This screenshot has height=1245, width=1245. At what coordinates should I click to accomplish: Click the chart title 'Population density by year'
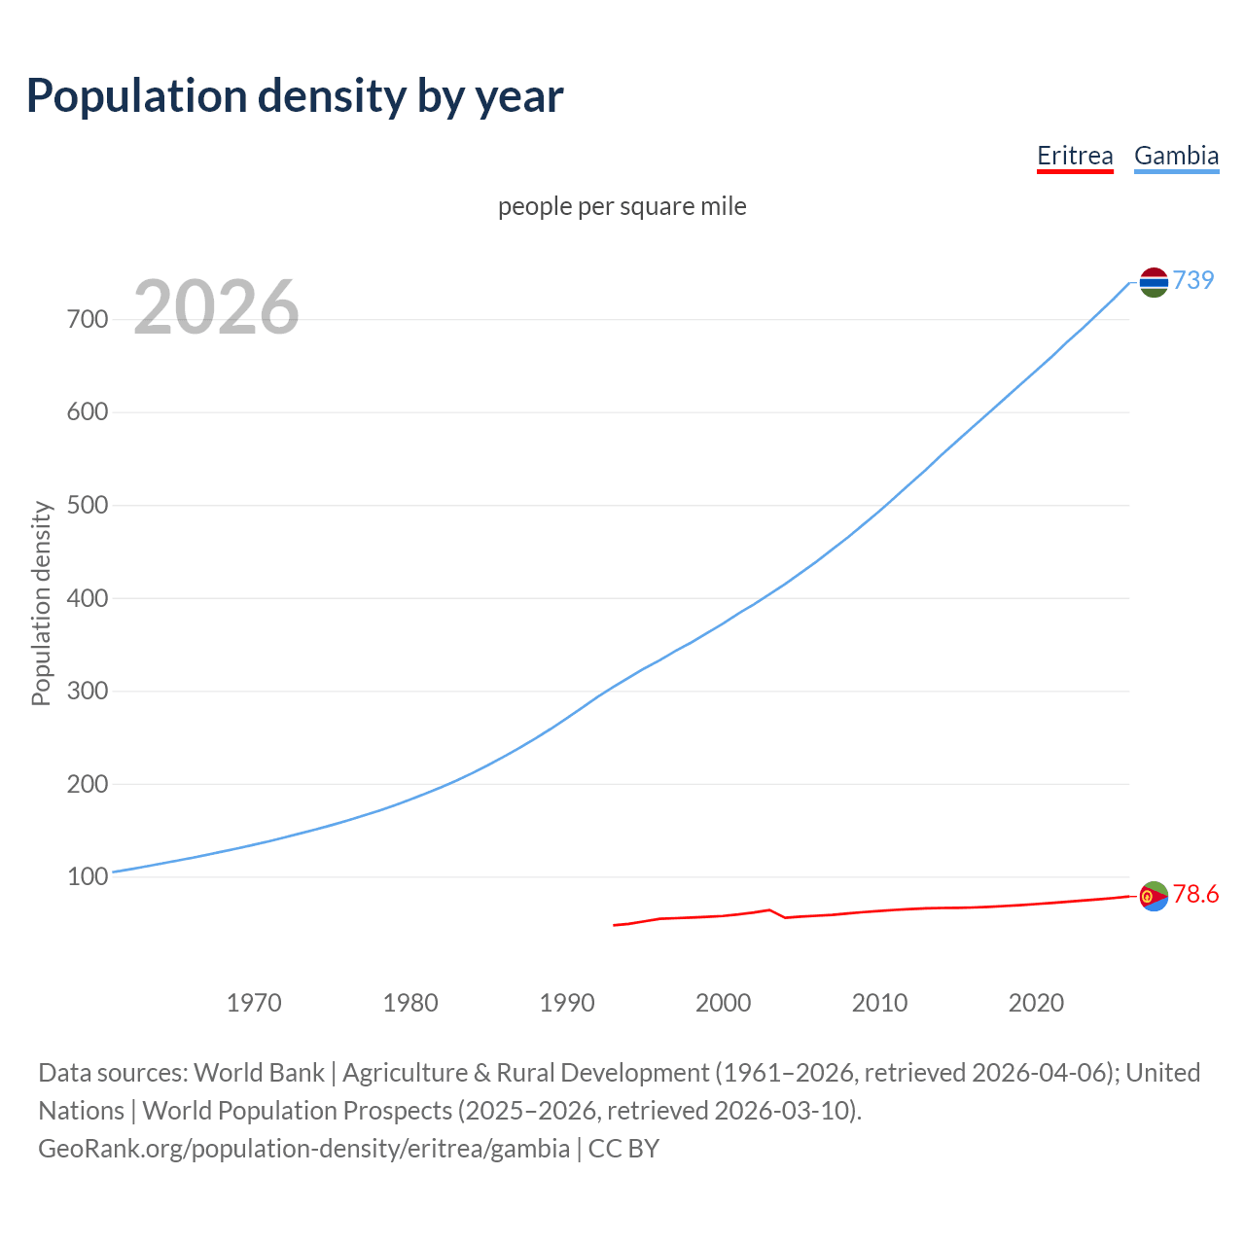tap(295, 95)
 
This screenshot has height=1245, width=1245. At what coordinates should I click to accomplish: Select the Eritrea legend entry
tap(1074, 156)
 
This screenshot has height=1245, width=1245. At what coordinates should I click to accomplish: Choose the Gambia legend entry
tap(1176, 156)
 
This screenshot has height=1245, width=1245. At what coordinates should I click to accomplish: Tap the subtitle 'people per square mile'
tap(622, 206)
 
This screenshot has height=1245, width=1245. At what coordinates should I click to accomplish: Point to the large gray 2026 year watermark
tap(216, 307)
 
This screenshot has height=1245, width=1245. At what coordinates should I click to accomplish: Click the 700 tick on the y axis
tap(87, 319)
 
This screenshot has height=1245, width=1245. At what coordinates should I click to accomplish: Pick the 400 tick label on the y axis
tap(87, 598)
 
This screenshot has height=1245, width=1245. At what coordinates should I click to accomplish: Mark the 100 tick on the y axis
tap(87, 876)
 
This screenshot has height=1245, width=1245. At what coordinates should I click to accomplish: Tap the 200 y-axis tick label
tap(87, 784)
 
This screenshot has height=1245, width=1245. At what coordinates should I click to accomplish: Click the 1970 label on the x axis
tap(254, 1003)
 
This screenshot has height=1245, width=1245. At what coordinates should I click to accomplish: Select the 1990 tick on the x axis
tap(567, 1003)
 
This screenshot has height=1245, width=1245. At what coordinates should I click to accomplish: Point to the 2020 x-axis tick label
tap(1036, 1003)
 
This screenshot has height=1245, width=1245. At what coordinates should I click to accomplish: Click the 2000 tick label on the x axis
tap(723, 1003)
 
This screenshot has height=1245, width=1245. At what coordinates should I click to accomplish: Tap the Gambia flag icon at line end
tap(1153, 282)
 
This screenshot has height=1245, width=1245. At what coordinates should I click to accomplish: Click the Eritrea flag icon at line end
tap(1153, 896)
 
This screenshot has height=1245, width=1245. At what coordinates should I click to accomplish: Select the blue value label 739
tap(1193, 280)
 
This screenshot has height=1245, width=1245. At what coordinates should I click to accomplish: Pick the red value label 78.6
tap(1195, 894)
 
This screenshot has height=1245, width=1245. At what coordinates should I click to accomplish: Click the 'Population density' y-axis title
tap(41, 603)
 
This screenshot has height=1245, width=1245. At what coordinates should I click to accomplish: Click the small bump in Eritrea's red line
tap(769, 910)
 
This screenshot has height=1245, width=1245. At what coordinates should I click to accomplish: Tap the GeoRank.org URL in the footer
tap(303, 1149)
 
